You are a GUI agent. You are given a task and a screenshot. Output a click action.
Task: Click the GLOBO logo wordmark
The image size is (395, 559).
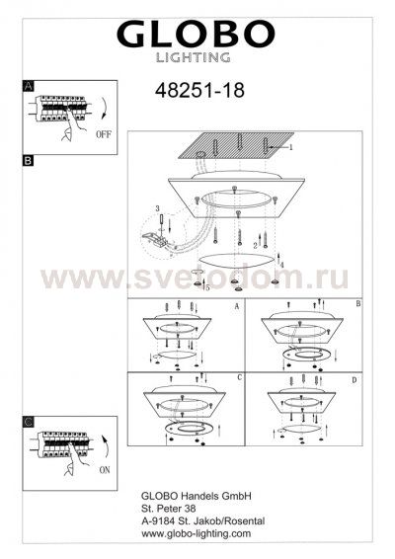point(196,35)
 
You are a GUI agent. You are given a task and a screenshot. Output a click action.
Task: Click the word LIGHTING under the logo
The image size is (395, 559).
point(193,57)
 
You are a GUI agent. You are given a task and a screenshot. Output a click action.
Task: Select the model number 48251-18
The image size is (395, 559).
point(199,90)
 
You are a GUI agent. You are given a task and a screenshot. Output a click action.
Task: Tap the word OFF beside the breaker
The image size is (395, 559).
point(104,134)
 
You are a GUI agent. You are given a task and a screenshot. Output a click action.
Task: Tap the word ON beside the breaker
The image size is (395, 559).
point(105,470)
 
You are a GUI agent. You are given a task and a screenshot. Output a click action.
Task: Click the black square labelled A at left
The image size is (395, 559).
point(29,86)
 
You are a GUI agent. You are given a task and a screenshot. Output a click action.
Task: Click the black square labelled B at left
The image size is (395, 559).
point(28,160)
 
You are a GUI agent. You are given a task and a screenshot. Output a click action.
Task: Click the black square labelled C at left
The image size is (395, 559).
point(29,422)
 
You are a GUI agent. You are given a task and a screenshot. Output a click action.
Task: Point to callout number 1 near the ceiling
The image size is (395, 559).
point(291,147)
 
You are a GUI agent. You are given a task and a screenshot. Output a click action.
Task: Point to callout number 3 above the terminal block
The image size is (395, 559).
point(157,208)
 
